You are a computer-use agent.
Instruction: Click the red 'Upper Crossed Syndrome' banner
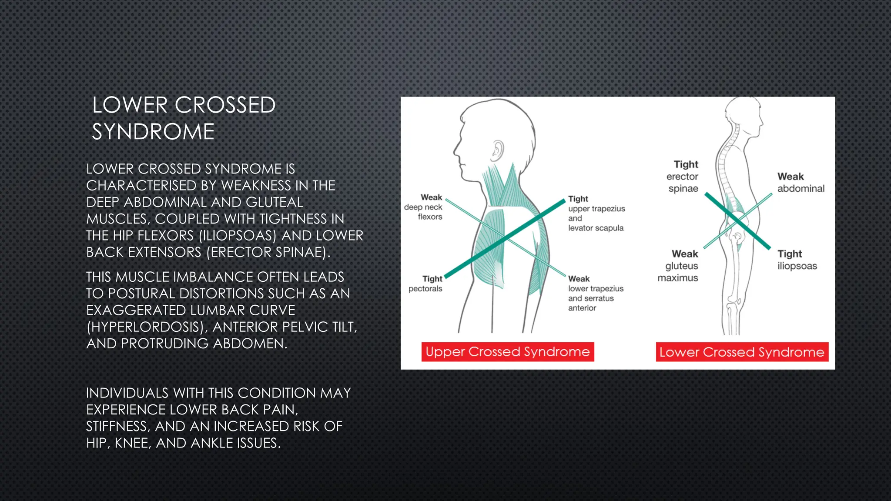point(507,352)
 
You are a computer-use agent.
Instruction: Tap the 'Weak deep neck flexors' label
point(424,207)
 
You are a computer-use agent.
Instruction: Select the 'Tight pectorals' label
point(426,284)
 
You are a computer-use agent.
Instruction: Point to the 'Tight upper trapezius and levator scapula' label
point(596,213)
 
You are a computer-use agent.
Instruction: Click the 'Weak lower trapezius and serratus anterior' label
point(595,293)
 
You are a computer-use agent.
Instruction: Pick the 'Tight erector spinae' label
point(683,177)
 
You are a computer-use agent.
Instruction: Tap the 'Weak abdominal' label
point(801,183)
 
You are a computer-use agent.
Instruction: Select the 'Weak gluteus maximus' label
point(679,266)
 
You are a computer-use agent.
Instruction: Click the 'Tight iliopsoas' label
point(797,260)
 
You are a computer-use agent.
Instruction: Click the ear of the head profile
point(497,150)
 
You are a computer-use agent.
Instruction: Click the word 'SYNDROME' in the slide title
point(153,132)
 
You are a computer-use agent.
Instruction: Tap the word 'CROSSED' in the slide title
point(225,105)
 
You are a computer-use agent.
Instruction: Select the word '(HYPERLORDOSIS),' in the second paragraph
point(147,327)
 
